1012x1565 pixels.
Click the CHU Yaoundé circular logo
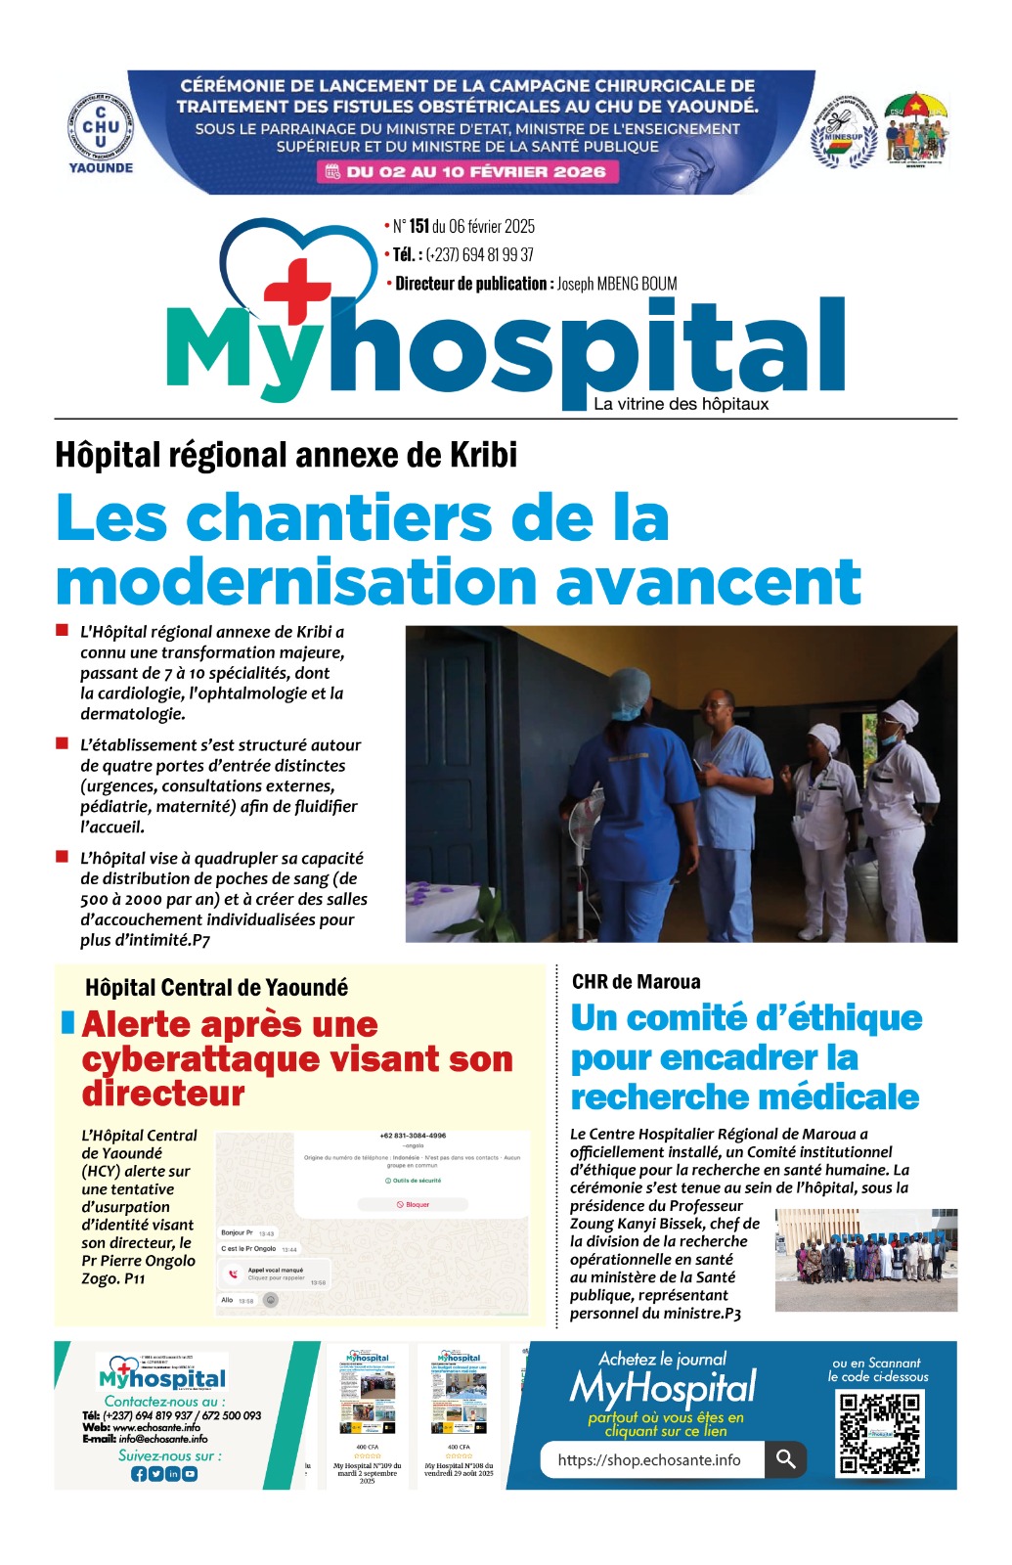click(x=100, y=129)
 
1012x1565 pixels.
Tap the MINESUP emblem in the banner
click(x=843, y=132)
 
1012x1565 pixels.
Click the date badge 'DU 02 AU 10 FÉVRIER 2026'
click(x=463, y=172)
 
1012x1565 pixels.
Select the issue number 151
click(x=418, y=227)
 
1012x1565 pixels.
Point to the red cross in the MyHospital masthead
click(x=297, y=289)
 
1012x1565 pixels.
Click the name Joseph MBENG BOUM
click(x=617, y=284)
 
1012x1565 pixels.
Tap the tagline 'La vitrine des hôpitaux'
click(x=681, y=404)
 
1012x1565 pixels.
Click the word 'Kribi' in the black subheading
click(x=483, y=455)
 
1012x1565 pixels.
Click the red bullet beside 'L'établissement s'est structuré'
click(x=63, y=743)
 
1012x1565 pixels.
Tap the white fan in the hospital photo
click(x=584, y=817)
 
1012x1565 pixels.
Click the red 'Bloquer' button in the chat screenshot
click(x=413, y=1204)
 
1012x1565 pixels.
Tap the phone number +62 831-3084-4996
click(x=413, y=1136)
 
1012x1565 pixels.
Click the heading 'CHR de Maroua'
click(x=636, y=982)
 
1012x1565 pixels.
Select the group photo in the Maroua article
click(x=865, y=1260)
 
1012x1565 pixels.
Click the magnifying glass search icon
click(x=785, y=1459)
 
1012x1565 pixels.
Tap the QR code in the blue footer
click(x=879, y=1432)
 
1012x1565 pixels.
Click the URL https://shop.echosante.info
click(x=649, y=1460)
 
